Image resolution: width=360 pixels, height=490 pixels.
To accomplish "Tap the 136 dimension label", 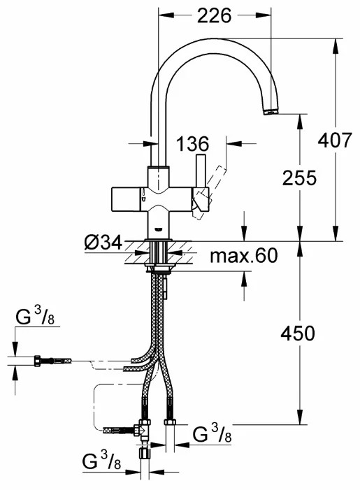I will (193, 144).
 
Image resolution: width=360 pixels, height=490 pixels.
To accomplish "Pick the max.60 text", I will (243, 256).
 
